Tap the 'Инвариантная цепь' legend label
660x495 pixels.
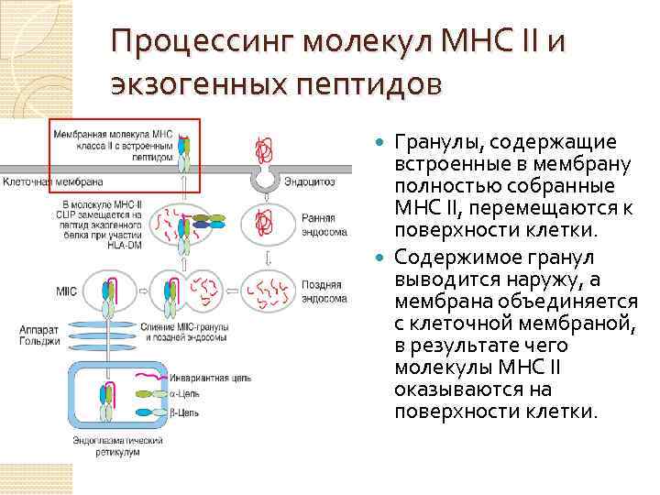coord(206,375)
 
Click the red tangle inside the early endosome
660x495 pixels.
coord(267,221)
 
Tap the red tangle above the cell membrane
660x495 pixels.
coord(267,146)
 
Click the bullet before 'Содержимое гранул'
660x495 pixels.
coord(383,254)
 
